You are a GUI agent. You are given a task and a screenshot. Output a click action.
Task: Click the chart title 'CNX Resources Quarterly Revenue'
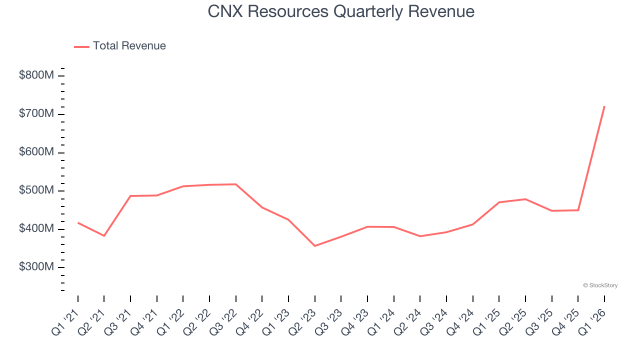tap(341, 11)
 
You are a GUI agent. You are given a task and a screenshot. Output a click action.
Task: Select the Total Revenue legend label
tap(129, 46)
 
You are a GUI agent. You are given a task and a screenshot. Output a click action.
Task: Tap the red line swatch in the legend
tap(81, 46)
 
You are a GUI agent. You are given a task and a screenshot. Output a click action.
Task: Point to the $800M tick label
tap(36, 75)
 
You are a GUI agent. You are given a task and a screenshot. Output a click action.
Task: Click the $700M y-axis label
tap(36, 114)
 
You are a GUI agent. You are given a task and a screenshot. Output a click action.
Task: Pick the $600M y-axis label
tap(36, 152)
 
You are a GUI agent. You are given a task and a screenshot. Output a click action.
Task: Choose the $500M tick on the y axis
tap(36, 190)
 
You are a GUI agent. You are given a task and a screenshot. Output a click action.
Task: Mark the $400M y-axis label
tap(36, 228)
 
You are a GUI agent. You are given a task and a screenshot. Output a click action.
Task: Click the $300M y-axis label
tap(36, 267)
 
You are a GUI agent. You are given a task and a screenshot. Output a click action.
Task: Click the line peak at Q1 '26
tap(604, 106)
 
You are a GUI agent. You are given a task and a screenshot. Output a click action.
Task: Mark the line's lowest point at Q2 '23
tap(315, 246)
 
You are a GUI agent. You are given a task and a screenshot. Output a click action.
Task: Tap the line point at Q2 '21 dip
tap(104, 235)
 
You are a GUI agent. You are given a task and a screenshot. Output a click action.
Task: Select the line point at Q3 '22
tap(236, 184)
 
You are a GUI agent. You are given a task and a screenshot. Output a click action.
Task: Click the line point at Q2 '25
tap(525, 199)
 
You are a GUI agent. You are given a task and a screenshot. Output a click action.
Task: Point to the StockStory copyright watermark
tap(600, 285)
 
